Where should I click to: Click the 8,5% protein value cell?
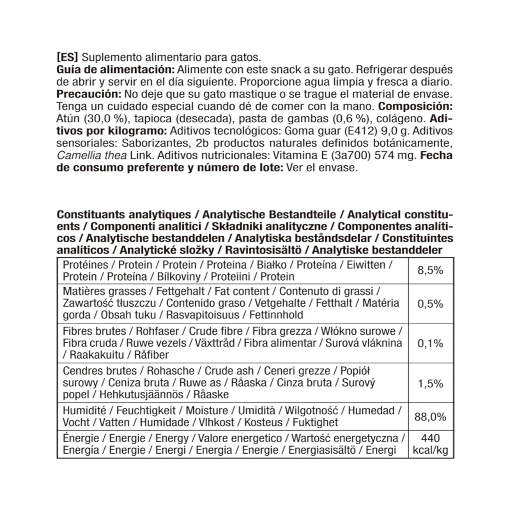point(430,270)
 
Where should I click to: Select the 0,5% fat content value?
point(430,303)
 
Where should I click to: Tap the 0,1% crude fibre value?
point(430,343)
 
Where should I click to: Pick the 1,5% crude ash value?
point(430,383)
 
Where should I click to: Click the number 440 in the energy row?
point(430,439)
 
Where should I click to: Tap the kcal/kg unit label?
point(430,451)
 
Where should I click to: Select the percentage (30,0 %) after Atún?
point(103,119)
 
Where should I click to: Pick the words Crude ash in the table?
point(229,371)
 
